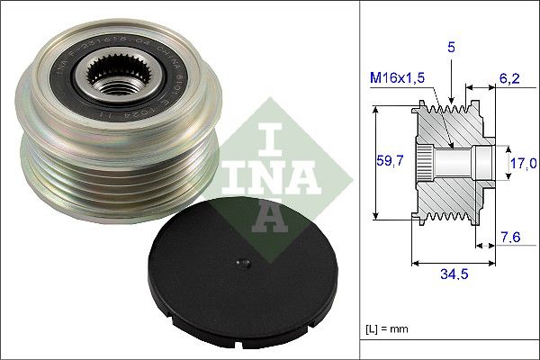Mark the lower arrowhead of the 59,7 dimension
[375, 216]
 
